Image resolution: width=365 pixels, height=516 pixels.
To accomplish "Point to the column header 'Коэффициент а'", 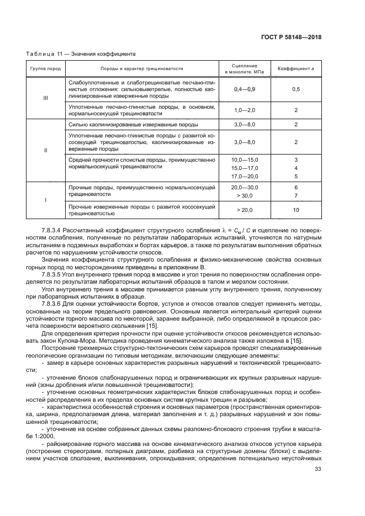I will (x=296, y=69).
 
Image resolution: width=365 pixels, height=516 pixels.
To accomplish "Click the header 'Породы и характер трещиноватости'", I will (x=141, y=69).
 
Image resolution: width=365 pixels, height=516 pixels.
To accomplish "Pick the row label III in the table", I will (x=45, y=98).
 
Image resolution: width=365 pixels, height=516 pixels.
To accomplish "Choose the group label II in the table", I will (x=45, y=150).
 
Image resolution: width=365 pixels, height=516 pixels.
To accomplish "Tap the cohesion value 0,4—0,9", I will (x=245, y=89).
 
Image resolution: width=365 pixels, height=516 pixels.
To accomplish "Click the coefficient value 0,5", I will (x=296, y=89).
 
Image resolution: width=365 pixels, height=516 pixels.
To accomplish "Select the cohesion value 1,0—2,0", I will (x=245, y=110).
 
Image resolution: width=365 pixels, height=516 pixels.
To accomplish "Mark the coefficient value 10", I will (x=296, y=210).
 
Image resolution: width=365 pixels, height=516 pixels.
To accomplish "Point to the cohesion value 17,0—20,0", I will (x=245, y=176).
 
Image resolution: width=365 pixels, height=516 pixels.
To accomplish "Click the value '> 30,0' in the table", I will (x=245, y=195).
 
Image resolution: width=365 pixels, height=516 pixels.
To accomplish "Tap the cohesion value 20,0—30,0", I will (x=245, y=188).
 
